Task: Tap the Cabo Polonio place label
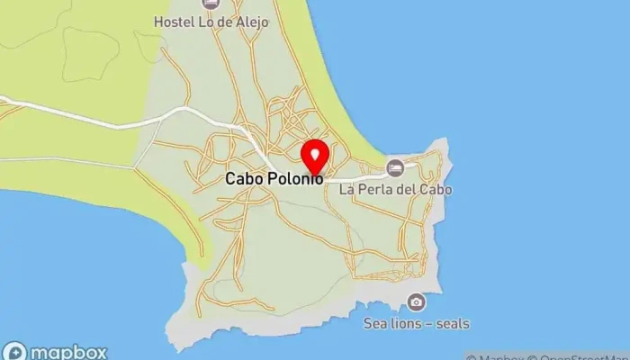pyautogui.click(x=274, y=179)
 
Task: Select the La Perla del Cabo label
pyautogui.click(x=395, y=190)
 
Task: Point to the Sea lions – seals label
pyautogui.click(x=416, y=323)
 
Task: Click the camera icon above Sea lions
pyautogui.click(x=416, y=301)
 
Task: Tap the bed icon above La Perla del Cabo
pyautogui.click(x=395, y=168)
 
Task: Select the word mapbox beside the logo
pyautogui.click(x=70, y=352)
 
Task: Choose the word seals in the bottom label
pyautogui.click(x=452, y=323)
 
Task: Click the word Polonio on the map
pyautogui.click(x=294, y=179)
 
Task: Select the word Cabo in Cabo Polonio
pyautogui.click(x=243, y=179)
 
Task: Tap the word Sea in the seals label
pyautogui.click(x=374, y=323)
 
